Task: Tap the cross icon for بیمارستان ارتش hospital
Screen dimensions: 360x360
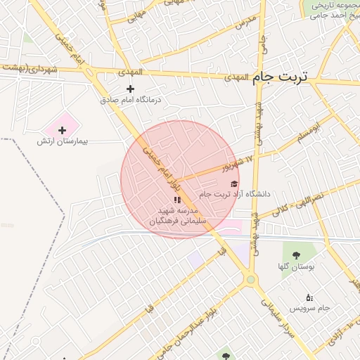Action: [x=62, y=130]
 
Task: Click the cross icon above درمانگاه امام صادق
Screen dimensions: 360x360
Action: [x=130, y=89]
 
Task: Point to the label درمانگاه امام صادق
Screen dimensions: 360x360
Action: [x=131, y=100]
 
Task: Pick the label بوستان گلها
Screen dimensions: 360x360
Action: [x=295, y=267]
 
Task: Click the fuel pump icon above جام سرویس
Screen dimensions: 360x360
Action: [x=309, y=298]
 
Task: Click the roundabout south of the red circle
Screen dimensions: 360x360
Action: [x=250, y=280]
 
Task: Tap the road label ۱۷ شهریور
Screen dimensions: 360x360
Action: [x=236, y=165]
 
